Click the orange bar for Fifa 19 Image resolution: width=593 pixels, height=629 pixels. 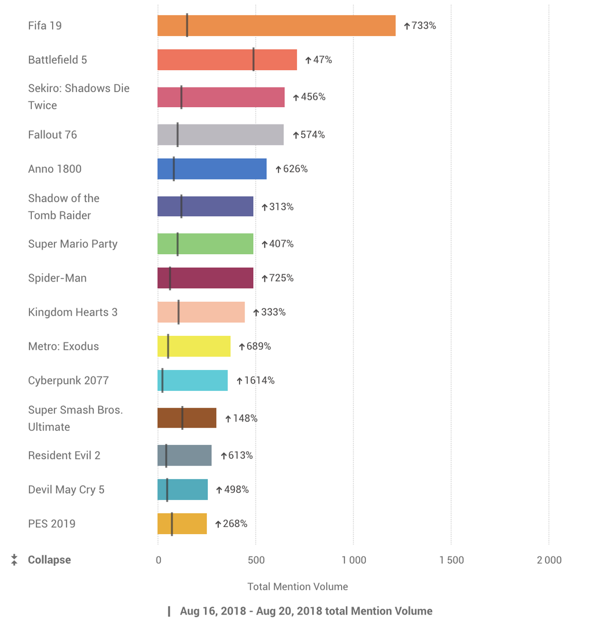[276, 25]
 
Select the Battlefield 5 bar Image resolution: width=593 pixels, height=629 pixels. [227, 60]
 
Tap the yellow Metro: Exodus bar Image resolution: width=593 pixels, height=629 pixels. [194, 346]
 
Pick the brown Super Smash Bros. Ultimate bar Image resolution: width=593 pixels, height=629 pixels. [186, 418]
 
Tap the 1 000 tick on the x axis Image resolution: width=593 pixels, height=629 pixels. [353, 560]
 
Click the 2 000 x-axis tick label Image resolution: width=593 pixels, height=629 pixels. [548, 560]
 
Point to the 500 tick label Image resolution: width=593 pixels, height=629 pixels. [256, 560]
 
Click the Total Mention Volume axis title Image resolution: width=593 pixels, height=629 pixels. [298, 587]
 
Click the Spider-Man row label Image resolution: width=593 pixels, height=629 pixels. [57, 278]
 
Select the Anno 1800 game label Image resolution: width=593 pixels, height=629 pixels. [55, 169]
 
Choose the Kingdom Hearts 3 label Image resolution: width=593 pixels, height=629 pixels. [73, 312]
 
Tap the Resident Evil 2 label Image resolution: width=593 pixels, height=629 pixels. [64, 455]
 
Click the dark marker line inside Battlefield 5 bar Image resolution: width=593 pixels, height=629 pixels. [254, 60]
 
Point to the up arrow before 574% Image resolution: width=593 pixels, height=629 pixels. [295, 135]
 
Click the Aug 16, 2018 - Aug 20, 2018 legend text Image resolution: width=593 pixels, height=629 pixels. [306, 611]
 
